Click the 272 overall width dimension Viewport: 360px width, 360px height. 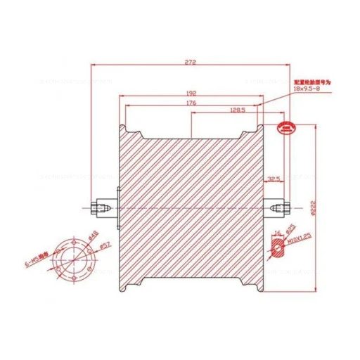190,63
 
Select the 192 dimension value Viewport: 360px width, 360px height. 191,91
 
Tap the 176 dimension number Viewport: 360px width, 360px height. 191,103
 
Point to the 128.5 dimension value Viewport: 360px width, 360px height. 238,110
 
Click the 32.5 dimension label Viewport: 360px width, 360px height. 274,179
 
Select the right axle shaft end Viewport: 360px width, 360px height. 285,208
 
